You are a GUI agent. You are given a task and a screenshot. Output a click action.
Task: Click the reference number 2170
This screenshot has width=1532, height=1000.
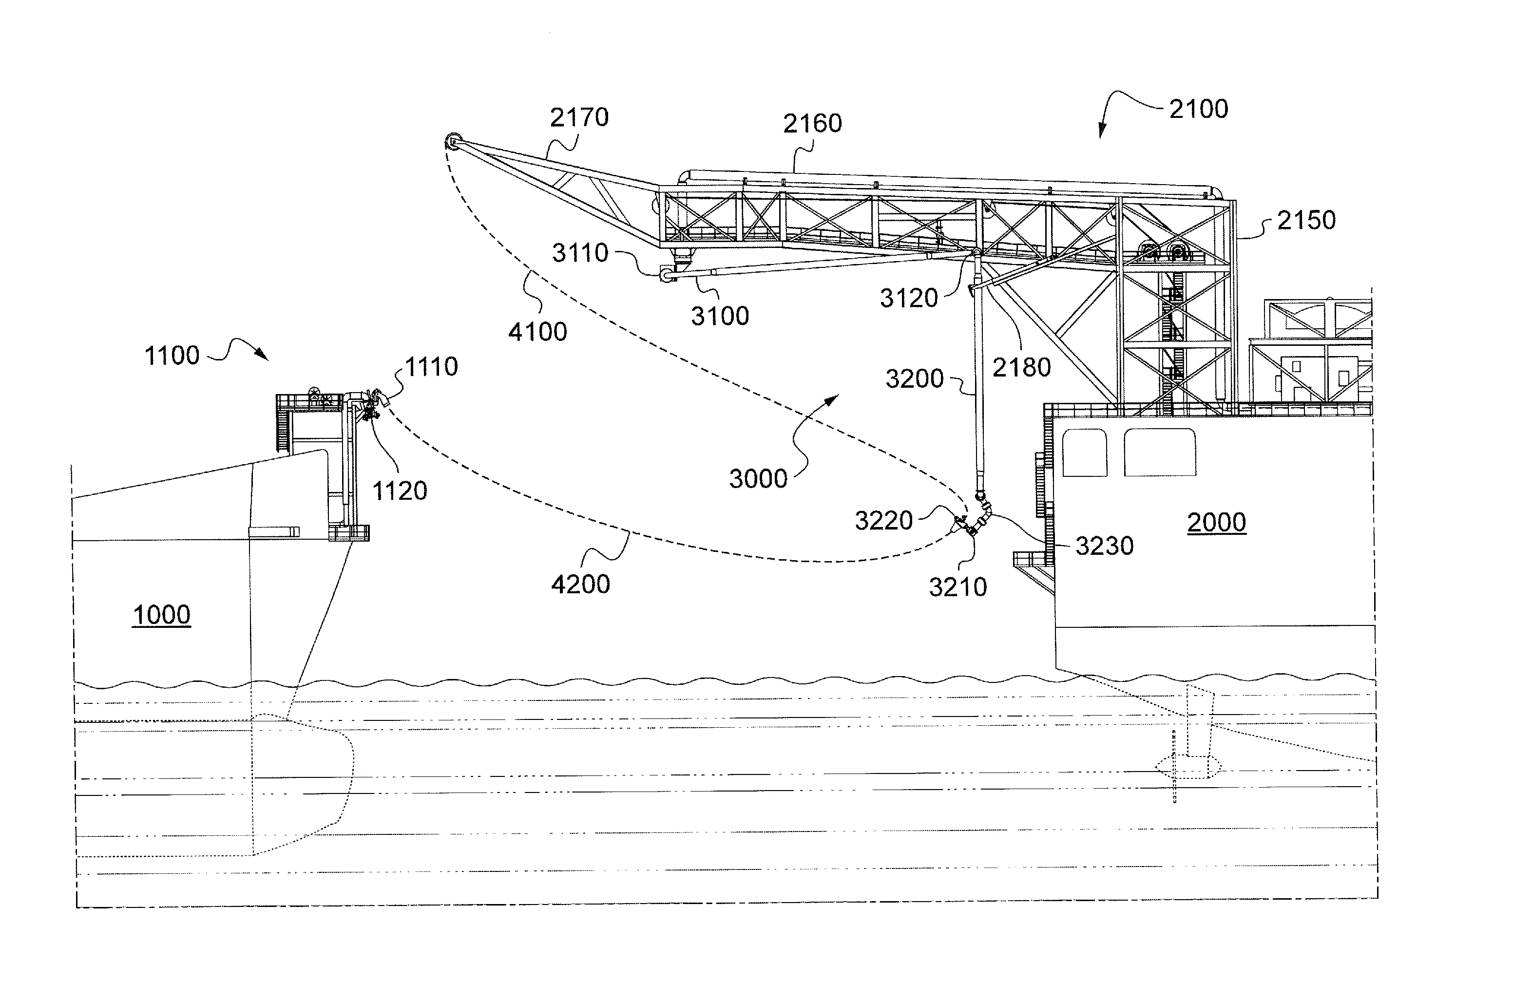[579, 118]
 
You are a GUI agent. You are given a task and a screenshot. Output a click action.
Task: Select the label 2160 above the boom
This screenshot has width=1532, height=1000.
[812, 124]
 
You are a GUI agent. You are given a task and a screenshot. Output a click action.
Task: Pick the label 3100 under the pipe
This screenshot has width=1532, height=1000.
[720, 317]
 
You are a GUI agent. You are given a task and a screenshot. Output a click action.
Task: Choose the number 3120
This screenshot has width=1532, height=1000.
[908, 299]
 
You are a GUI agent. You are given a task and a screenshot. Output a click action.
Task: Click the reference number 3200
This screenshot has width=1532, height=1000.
[914, 379]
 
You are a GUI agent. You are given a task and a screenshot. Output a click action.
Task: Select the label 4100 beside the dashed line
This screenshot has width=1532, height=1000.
[537, 333]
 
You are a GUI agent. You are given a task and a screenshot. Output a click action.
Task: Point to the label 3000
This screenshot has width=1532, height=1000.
[758, 479]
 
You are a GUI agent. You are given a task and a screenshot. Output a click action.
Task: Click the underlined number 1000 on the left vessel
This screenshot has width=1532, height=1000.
[162, 615]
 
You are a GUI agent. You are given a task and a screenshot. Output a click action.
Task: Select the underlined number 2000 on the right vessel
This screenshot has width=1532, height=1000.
[1216, 523]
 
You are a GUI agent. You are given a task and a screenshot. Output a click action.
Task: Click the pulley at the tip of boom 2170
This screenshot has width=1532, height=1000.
[453, 140]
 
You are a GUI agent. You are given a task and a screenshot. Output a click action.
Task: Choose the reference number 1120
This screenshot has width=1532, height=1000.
[399, 491]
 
